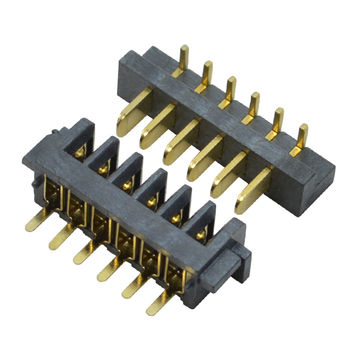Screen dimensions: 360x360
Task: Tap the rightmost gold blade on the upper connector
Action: (253, 191)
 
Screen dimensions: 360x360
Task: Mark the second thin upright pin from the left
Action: (205, 73)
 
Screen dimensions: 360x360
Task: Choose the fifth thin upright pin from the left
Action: (275, 121)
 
